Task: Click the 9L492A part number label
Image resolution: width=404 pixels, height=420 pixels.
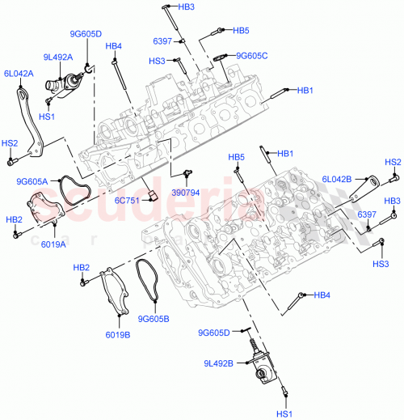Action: click(57, 57)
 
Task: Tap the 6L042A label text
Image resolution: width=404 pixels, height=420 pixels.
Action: click(19, 73)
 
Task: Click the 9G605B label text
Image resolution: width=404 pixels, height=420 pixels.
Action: click(154, 318)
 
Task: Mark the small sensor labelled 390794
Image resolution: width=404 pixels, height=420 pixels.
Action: click(187, 173)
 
